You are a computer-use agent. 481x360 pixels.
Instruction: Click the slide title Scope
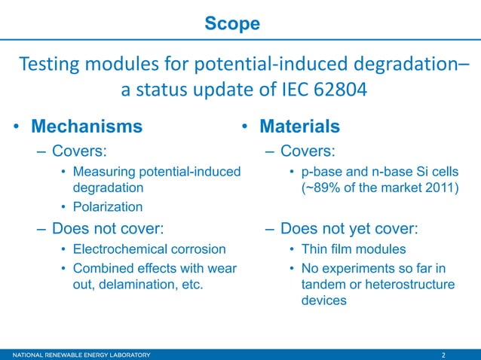(x=232, y=24)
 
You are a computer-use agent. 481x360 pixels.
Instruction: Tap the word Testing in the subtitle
(x=50, y=65)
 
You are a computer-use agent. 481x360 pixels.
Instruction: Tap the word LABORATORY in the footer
(x=124, y=355)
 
